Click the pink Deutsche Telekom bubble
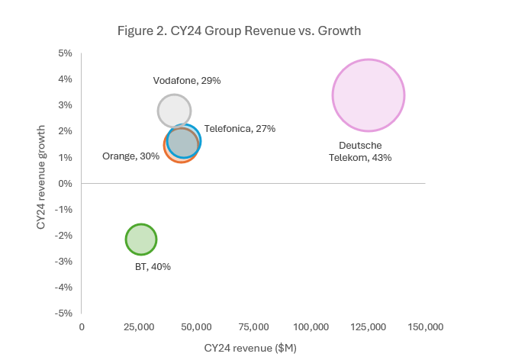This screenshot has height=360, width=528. point(368,95)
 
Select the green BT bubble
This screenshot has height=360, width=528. point(140,239)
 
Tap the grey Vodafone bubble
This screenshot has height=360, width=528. point(174,111)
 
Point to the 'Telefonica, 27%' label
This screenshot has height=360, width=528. point(240,129)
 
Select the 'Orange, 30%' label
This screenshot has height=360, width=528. point(130,156)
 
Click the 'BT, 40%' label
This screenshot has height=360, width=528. point(153,267)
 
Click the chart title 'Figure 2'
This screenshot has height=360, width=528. point(239,31)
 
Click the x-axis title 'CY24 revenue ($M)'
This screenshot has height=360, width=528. point(250,348)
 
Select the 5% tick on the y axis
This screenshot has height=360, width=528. point(65,53)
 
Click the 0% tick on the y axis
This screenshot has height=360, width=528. point(65,183)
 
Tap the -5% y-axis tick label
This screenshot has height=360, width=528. point(63,313)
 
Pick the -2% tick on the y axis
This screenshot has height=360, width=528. point(63,235)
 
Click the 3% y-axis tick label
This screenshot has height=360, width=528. point(65,105)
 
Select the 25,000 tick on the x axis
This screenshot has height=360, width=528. point(139,326)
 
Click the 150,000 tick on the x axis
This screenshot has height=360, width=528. point(425,326)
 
